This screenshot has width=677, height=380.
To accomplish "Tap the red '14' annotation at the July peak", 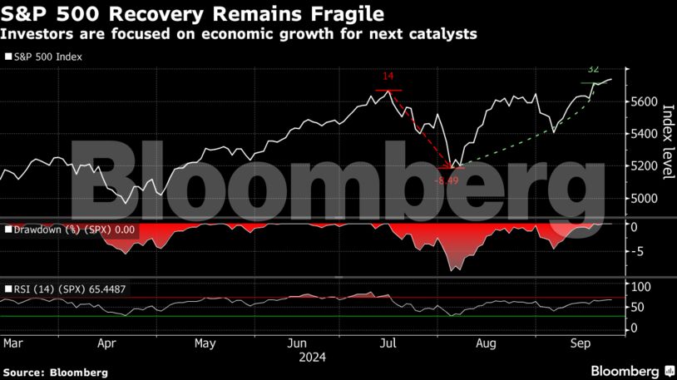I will pos(388,77).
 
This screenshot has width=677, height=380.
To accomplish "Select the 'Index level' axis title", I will pos(666,141).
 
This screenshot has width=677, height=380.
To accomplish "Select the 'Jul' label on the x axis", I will pos(386,343).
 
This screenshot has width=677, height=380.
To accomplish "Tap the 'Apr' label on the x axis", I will pos(106,343).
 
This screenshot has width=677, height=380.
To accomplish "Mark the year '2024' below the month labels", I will pos(312,357).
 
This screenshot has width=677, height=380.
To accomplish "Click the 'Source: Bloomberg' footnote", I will pos(55,373).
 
